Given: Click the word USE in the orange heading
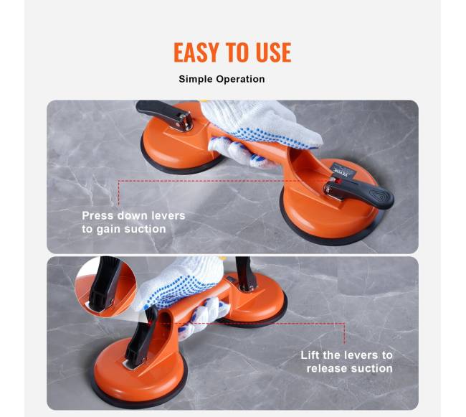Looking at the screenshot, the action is click(273, 52).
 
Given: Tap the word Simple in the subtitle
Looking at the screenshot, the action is click(196, 80).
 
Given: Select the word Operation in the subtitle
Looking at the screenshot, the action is click(240, 79).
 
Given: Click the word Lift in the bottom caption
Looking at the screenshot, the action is click(310, 355).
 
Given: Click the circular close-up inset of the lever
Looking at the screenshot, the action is click(105, 286).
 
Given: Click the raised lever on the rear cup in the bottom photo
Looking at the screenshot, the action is click(246, 273).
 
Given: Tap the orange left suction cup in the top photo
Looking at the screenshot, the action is click(176, 146).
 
